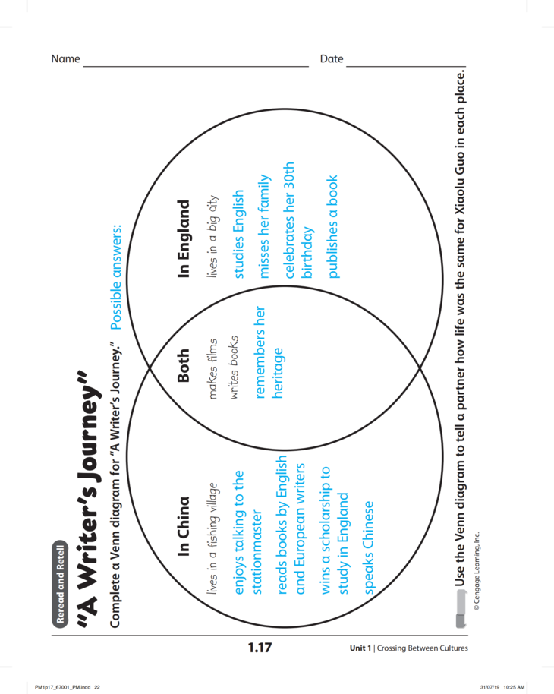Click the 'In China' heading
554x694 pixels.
point(184,526)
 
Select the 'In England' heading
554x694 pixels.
point(184,238)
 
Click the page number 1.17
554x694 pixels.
point(259,648)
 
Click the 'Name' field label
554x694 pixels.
point(65,59)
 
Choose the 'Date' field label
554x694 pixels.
point(332,59)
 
